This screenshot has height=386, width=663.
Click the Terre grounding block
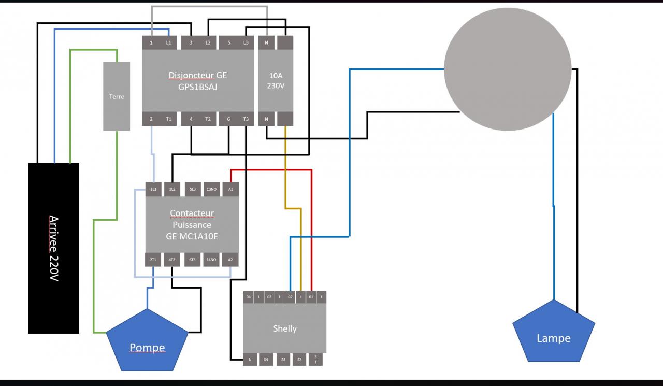(117, 96)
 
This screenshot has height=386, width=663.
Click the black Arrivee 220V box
(54, 248)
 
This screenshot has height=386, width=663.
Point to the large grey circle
(508, 69)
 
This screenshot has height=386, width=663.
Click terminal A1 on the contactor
(230, 189)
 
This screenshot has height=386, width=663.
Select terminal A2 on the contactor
(230, 260)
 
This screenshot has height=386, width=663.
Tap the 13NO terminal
(211, 189)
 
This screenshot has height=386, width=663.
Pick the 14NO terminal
(211, 260)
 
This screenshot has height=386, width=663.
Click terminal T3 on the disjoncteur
(246, 119)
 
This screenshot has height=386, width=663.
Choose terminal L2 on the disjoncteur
(208, 42)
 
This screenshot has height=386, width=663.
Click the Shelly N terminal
(250, 359)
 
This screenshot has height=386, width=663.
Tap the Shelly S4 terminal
(266, 359)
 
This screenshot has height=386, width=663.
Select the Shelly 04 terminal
(249, 297)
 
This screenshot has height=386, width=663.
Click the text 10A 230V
(276, 80)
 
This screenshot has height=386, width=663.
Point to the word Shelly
(285, 328)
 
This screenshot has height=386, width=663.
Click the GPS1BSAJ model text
(197, 87)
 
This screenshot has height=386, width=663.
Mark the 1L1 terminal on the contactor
(153, 189)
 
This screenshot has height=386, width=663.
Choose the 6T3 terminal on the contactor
(192, 260)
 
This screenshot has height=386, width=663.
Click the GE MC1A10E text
(192, 237)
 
